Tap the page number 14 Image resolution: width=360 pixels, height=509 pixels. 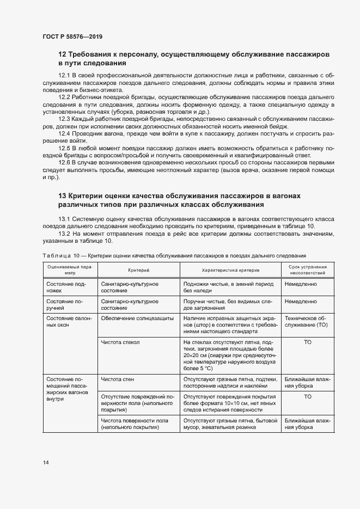(x=46, y=462)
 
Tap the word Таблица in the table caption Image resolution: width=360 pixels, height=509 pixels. (x=57, y=255)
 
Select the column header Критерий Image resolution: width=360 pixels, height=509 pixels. (x=138, y=270)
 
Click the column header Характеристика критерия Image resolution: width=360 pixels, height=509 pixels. (x=230, y=270)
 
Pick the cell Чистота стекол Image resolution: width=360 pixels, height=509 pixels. (x=120, y=341)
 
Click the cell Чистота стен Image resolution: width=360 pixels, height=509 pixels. (x=117, y=379)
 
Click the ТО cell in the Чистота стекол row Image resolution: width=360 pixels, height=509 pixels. (x=308, y=341)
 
